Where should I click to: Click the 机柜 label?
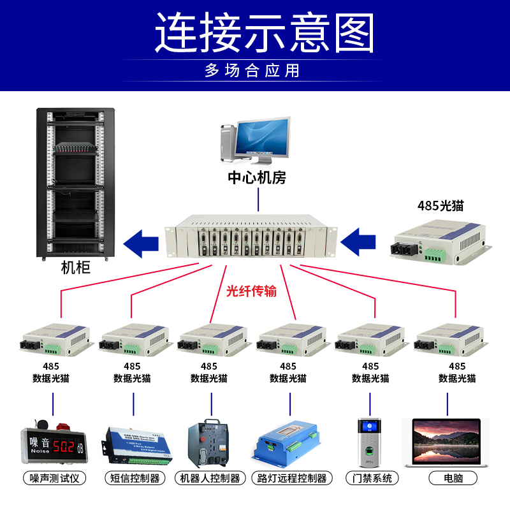pos(76,268)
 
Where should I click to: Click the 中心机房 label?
pos(258,178)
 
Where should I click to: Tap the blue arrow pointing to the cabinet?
pos(141,243)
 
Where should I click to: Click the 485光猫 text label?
pos(441,206)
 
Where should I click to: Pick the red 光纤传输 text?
pos(252,291)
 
